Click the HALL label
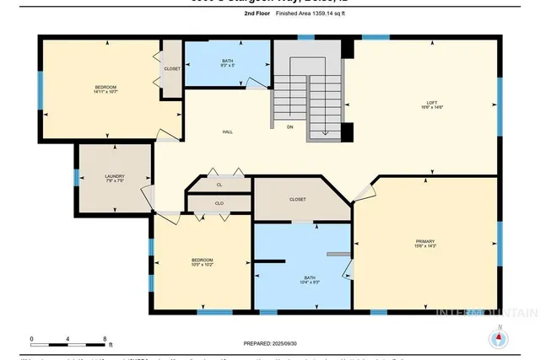pyautogui.click(x=228, y=132)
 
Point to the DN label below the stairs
pyautogui.click(x=290, y=127)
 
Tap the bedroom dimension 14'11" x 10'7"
pyautogui.click(x=105, y=93)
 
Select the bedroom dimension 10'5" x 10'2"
pyautogui.click(x=202, y=265)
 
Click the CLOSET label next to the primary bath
pyautogui.click(x=297, y=199)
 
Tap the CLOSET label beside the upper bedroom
pyautogui.click(x=172, y=69)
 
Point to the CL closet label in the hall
pyautogui.click(x=219, y=183)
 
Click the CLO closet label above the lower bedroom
pyautogui.click(x=219, y=203)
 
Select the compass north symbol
pyautogui.click(x=499, y=337)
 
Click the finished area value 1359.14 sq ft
pyautogui.click(x=316, y=14)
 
